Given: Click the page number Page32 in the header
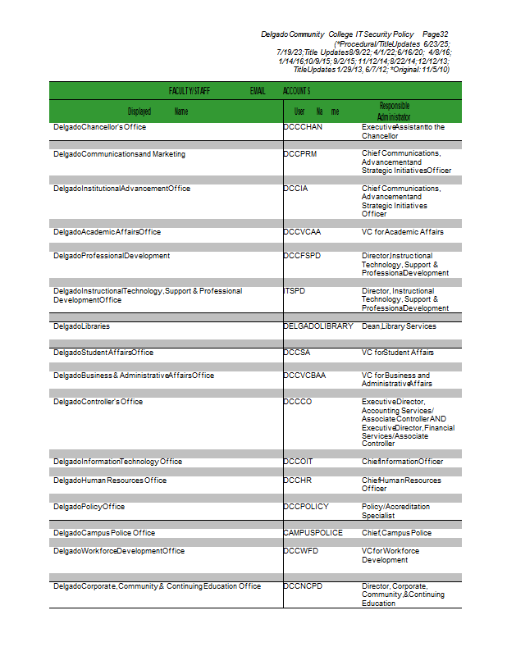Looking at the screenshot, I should coord(436,34).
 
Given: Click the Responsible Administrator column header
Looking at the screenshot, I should coord(394,112).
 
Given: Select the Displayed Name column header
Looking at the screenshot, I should coord(158,112).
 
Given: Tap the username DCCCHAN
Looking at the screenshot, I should coord(303,128).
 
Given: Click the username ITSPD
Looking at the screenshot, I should coord(295,291).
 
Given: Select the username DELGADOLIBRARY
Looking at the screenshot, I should coord(318,326).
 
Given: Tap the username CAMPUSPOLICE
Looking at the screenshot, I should coord(313,533).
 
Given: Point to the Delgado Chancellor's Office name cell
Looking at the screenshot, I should coord(99,128).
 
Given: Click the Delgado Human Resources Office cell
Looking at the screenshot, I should coord(110,481).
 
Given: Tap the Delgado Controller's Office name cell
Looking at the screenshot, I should coord(98,402).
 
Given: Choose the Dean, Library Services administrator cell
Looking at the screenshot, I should coord(399,326).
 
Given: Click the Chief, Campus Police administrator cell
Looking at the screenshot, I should coord(396,533).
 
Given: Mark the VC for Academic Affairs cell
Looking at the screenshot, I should coord(403,232).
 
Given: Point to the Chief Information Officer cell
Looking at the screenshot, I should coord(402,462).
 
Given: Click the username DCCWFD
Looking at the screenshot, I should coord(301,551).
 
